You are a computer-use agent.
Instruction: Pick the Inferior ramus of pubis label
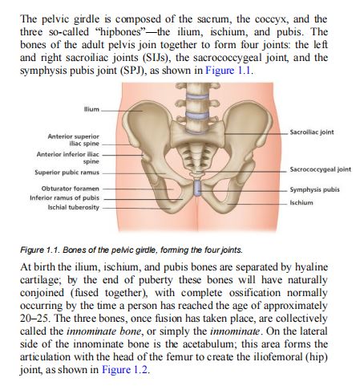(x=67, y=197)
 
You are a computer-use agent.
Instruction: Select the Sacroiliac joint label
(x=318, y=132)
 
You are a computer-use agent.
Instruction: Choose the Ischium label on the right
(x=301, y=203)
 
